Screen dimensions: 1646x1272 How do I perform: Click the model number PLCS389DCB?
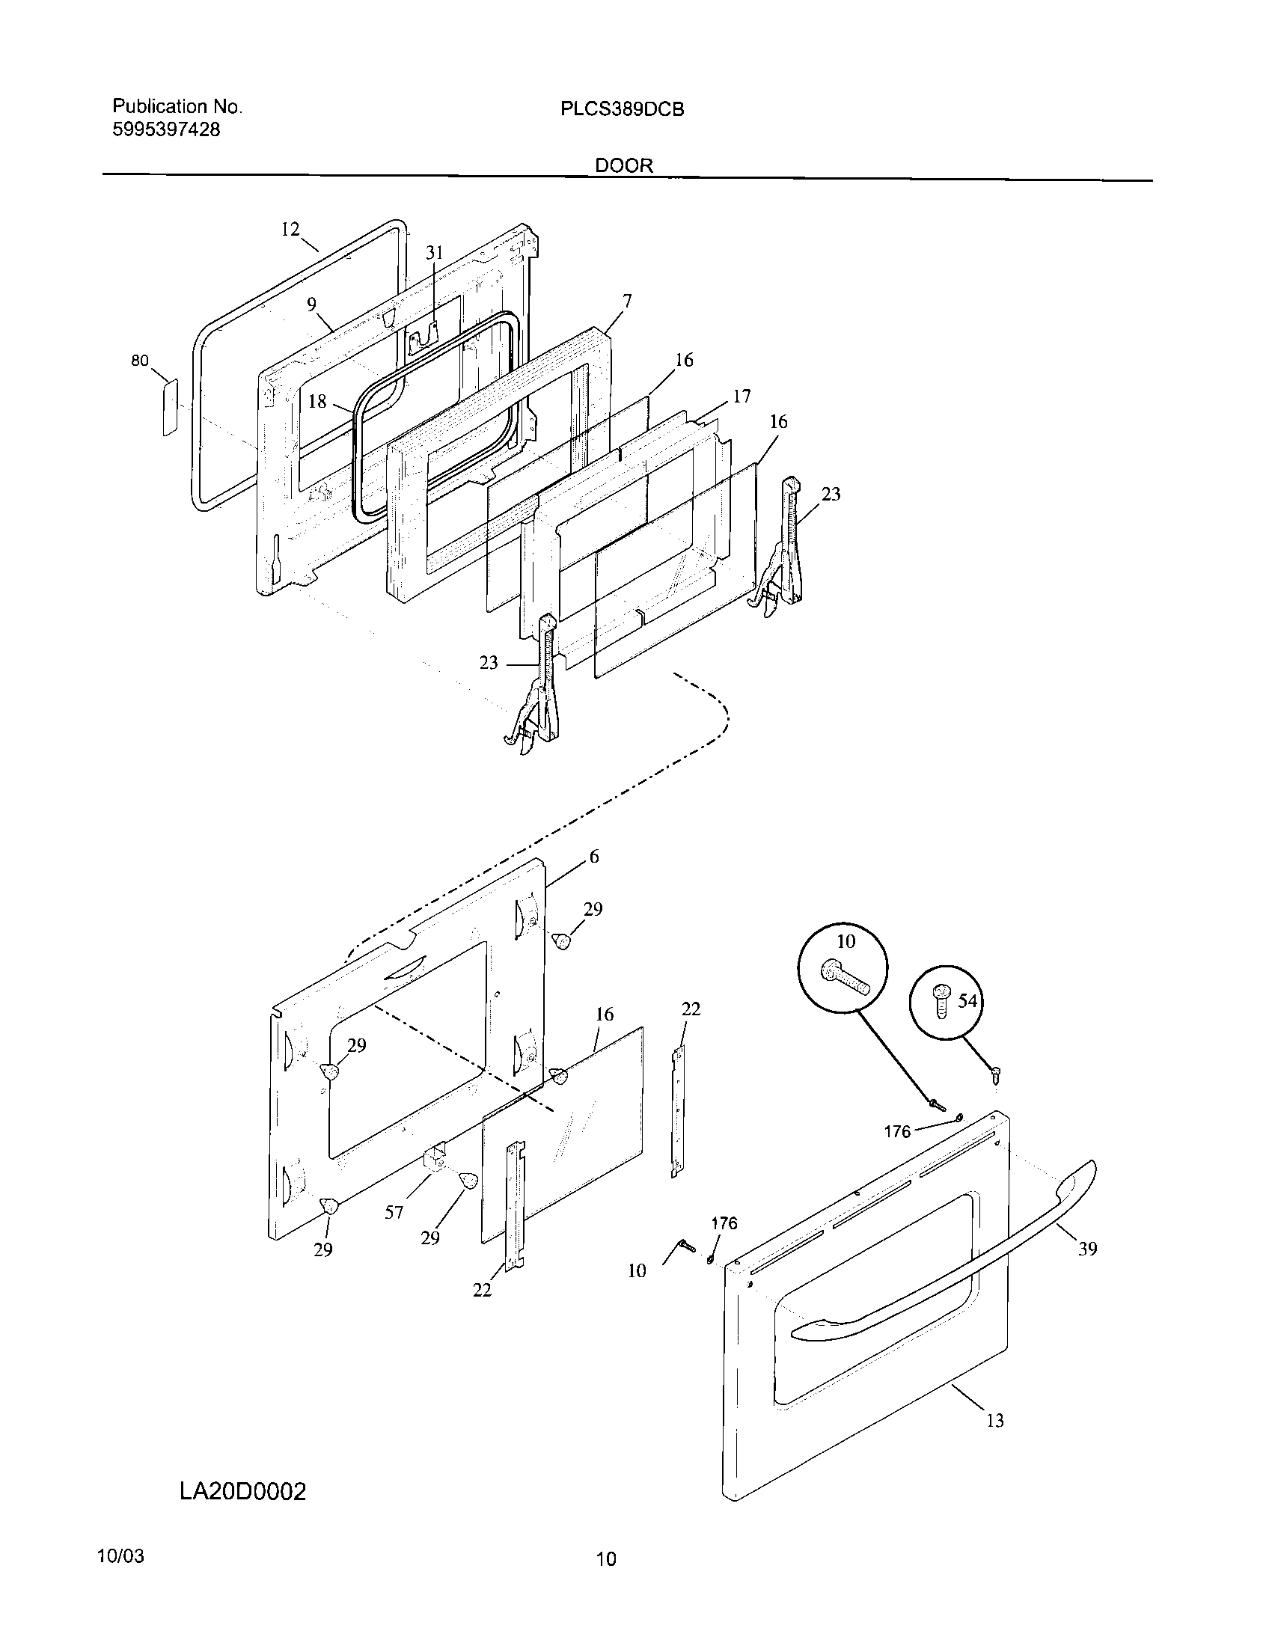click(622, 109)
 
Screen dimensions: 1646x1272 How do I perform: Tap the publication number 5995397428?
click(166, 129)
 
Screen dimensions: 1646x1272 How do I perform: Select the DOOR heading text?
click(624, 166)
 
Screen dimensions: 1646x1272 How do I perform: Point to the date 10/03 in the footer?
click(120, 1557)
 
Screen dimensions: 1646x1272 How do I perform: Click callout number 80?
click(140, 361)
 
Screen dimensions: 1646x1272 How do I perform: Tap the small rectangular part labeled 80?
click(170, 407)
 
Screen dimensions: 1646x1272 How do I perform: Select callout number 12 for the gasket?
click(290, 230)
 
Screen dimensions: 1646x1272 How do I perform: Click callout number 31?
click(435, 253)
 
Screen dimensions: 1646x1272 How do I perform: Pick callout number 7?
click(627, 302)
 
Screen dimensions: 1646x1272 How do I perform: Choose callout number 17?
click(742, 397)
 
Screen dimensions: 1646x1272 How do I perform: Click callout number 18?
click(317, 402)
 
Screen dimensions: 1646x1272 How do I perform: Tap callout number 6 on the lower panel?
click(594, 856)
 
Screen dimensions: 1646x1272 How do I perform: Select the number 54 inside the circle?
click(967, 1001)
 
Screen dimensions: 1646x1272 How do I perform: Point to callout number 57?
click(394, 1213)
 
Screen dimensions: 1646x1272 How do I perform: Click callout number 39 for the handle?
click(1087, 1249)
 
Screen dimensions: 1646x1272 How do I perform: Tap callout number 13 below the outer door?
click(994, 1421)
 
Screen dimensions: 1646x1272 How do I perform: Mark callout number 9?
click(311, 305)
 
